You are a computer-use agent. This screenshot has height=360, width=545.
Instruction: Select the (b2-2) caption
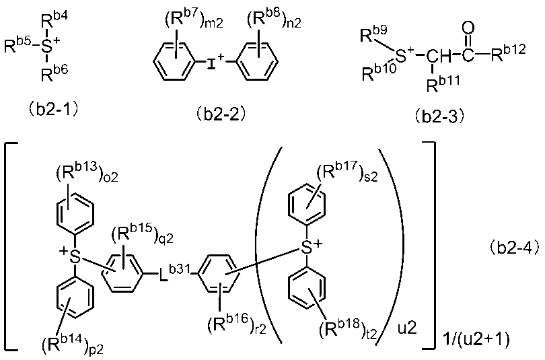221,114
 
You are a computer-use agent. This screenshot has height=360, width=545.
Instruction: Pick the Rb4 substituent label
54,22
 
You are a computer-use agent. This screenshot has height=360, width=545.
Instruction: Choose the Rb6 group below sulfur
54,73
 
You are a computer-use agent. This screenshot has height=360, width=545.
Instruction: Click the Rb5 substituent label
18,46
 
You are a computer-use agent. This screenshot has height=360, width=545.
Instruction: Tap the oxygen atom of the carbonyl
468,28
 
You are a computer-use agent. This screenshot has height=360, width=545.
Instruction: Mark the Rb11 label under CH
443,83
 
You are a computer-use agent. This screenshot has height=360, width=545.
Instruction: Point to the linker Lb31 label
174,273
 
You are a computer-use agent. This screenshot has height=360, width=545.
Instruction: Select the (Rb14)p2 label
73,344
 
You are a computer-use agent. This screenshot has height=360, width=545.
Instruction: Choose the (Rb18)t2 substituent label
348,330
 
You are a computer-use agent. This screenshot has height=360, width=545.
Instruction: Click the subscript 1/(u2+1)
476,338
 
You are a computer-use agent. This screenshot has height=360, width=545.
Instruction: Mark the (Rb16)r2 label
237,324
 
